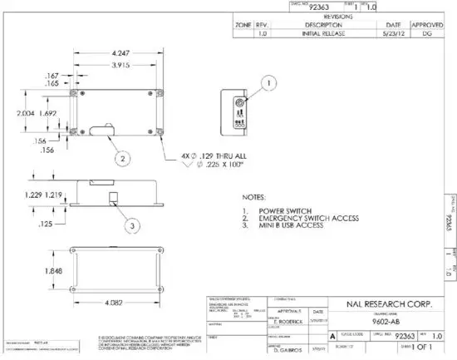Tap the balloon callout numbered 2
coord(120,157)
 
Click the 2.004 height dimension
coord(27,111)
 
